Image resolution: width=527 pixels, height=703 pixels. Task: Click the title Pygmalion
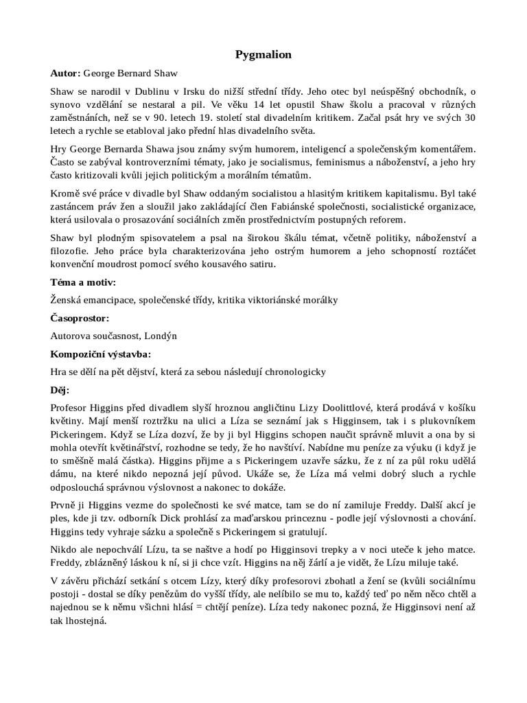pyautogui.click(x=263, y=55)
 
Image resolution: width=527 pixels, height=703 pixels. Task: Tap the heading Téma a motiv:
pyautogui.click(x=82, y=282)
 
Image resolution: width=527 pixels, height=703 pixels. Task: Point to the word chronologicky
pyautogui.click(x=293, y=372)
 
